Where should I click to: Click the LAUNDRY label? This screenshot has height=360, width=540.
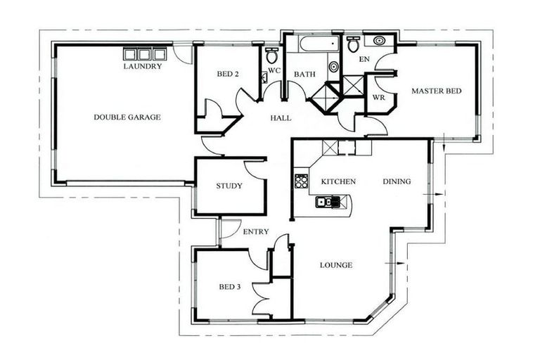coord(143,67)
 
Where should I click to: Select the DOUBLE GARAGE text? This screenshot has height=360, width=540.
coord(127,117)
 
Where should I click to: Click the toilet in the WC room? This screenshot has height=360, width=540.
coord(271,56)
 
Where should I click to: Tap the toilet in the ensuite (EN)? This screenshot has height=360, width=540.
coord(353,44)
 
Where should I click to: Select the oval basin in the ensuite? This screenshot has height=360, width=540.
coord(380,41)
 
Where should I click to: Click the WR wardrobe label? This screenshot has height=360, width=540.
coord(378,97)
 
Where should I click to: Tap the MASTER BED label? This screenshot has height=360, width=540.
coord(437,91)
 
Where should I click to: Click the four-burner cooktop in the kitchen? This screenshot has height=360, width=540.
coord(302,182)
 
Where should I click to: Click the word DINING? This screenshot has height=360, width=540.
coord(397,181)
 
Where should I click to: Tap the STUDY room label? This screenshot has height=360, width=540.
coord(229,186)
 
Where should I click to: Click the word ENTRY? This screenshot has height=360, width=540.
coord(255,231)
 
